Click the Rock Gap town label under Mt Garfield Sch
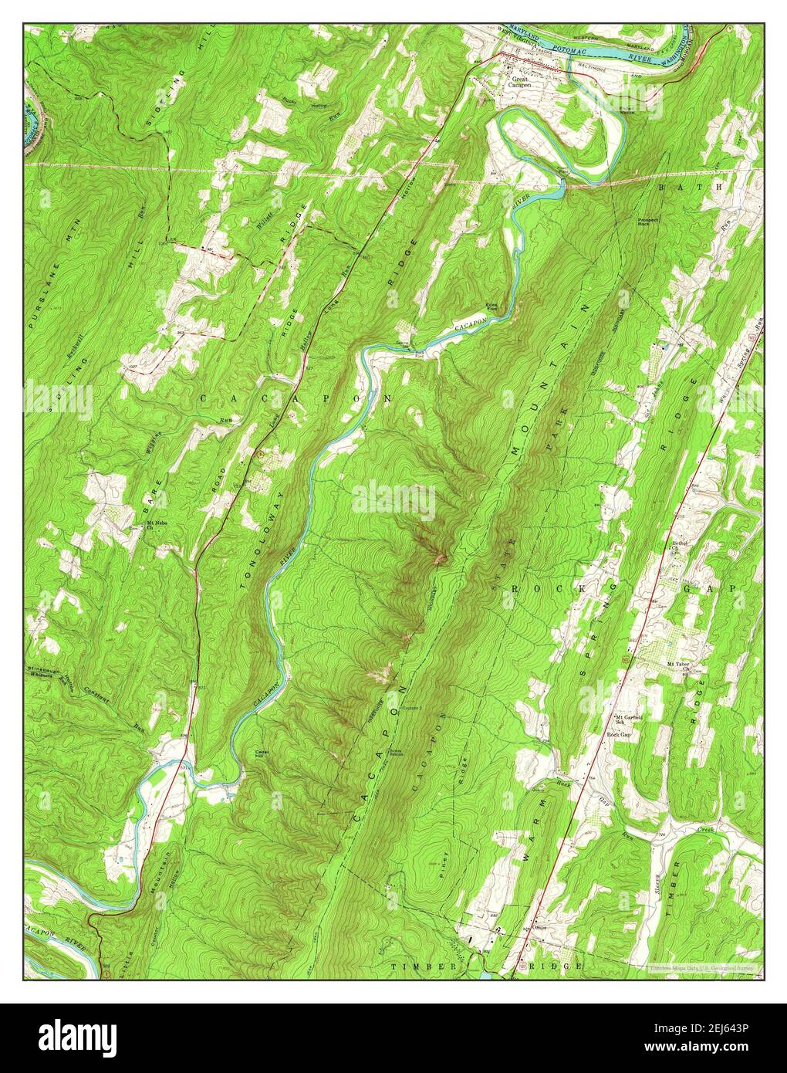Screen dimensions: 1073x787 click(x=619, y=735)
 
